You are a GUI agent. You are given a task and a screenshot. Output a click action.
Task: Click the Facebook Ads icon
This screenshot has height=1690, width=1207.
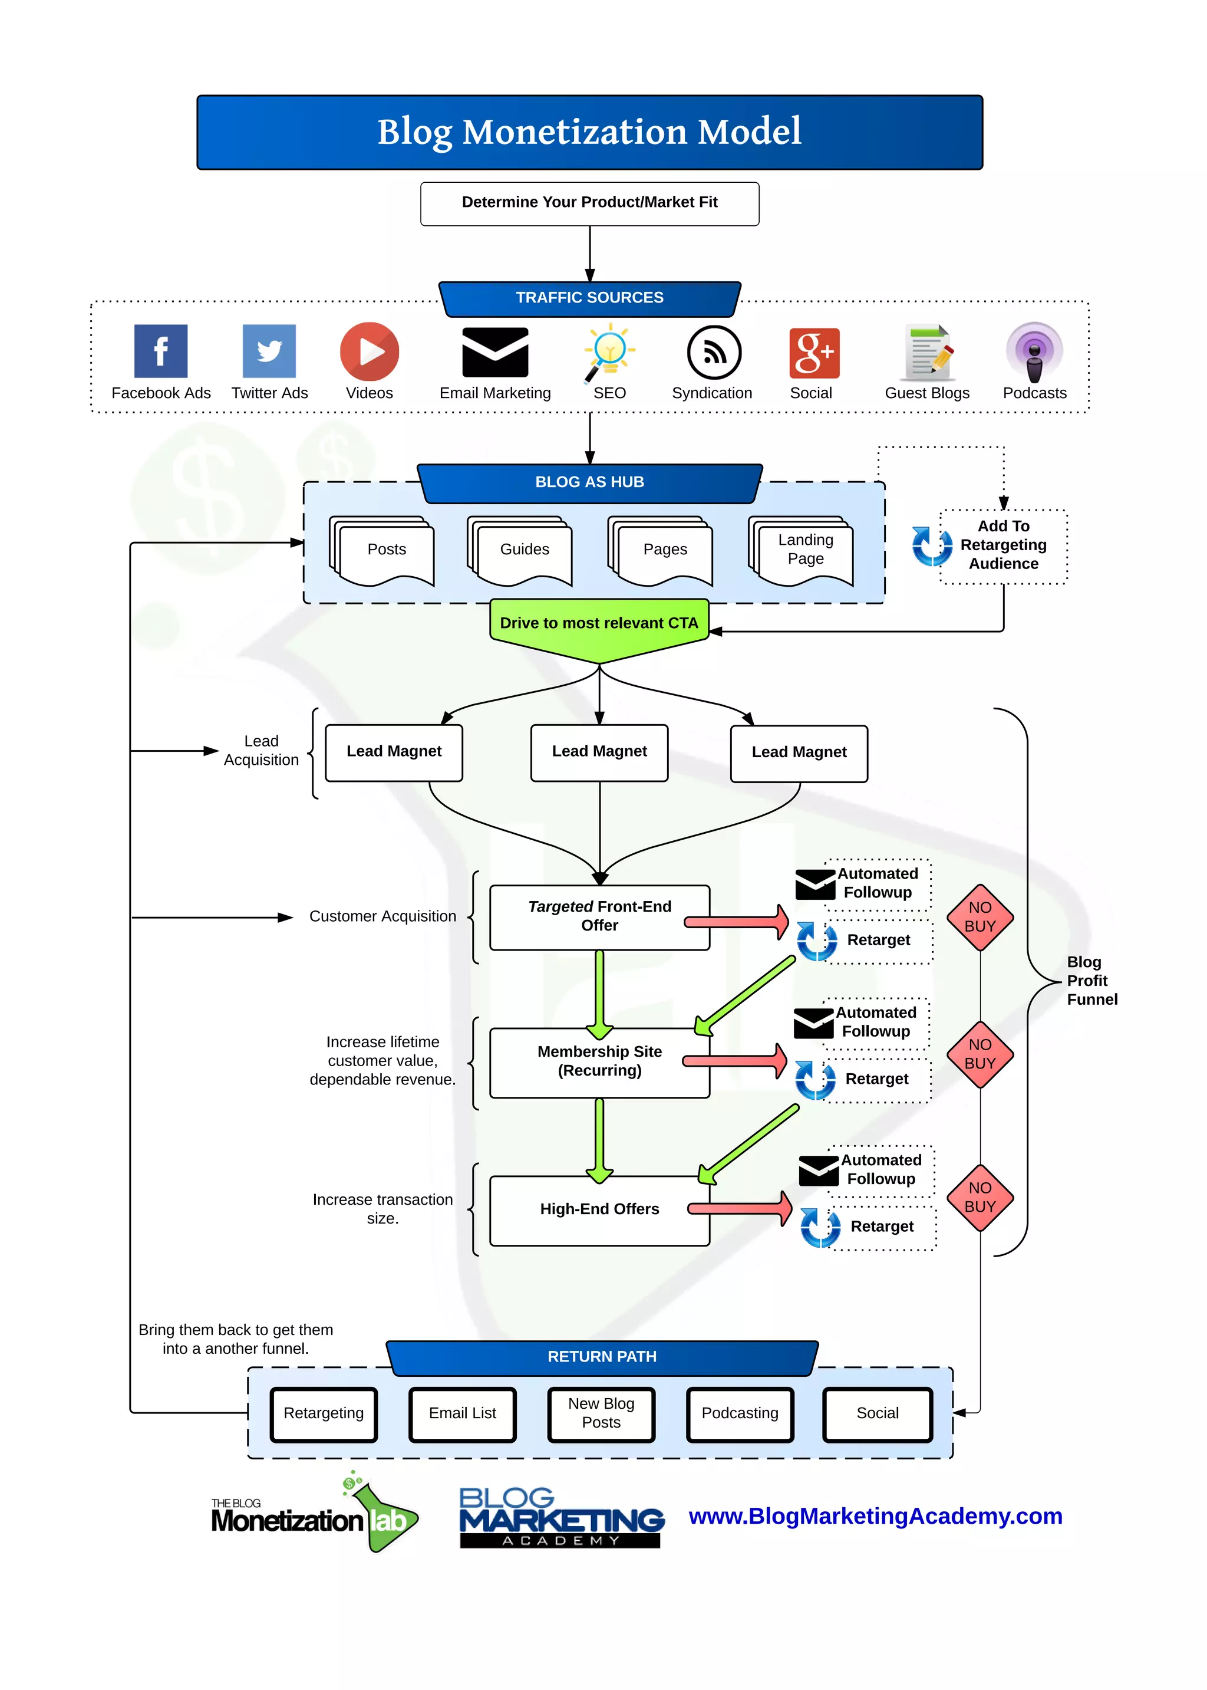click(x=160, y=351)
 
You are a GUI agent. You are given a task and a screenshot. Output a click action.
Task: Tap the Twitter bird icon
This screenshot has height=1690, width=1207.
click(x=269, y=351)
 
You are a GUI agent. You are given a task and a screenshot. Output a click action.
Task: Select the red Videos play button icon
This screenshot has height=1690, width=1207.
click(x=370, y=351)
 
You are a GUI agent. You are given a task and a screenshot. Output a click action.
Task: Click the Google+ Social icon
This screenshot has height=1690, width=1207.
click(x=814, y=353)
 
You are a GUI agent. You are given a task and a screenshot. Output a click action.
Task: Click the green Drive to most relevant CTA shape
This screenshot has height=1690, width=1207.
click(x=599, y=625)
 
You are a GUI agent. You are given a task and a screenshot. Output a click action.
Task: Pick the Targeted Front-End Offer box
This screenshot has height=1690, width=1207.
click(x=599, y=917)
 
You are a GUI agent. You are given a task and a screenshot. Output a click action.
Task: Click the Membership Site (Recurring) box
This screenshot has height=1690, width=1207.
click(x=599, y=1062)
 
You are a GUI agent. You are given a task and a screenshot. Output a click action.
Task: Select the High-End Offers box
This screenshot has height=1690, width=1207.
click(x=599, y=1209)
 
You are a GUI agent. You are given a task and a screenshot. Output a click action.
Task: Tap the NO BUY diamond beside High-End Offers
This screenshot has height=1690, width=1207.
click(x=980, y=1198)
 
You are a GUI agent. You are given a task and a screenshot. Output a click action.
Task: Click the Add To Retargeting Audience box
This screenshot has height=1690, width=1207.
click(x=1003, y=545)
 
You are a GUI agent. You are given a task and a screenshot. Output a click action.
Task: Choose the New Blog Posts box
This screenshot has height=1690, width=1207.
click(x=601, y=1413)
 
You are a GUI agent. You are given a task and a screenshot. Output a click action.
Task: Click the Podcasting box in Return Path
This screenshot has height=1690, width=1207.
click(x=740, y=1413)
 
